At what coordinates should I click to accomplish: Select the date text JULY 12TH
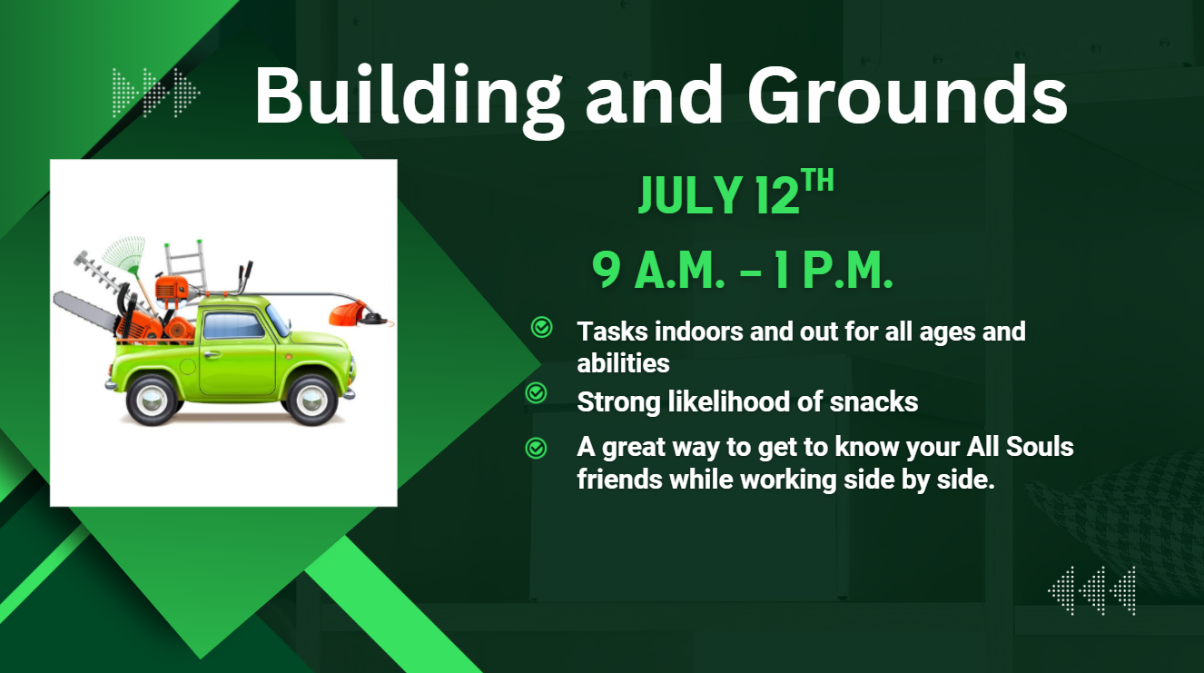tap(736, 192)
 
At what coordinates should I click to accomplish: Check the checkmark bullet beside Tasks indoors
tap(541, 327)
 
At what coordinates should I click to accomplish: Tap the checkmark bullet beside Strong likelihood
tap(536, 393)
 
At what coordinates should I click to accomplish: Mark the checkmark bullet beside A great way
tap(536, 448)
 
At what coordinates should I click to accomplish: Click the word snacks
tap(873, 402)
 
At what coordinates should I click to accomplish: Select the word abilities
tap(623, 363)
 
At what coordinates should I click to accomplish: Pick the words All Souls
tap(1020, 447)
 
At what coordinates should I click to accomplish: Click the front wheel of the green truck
tap(312, 399)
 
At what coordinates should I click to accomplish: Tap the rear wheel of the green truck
tap(152, 399)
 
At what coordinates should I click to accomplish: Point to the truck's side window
tap(234, 325)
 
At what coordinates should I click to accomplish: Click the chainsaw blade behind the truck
tap(84, 312)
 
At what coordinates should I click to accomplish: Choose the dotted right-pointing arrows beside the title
tap(156, 93)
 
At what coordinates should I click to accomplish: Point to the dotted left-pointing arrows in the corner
tap(1091, 590)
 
